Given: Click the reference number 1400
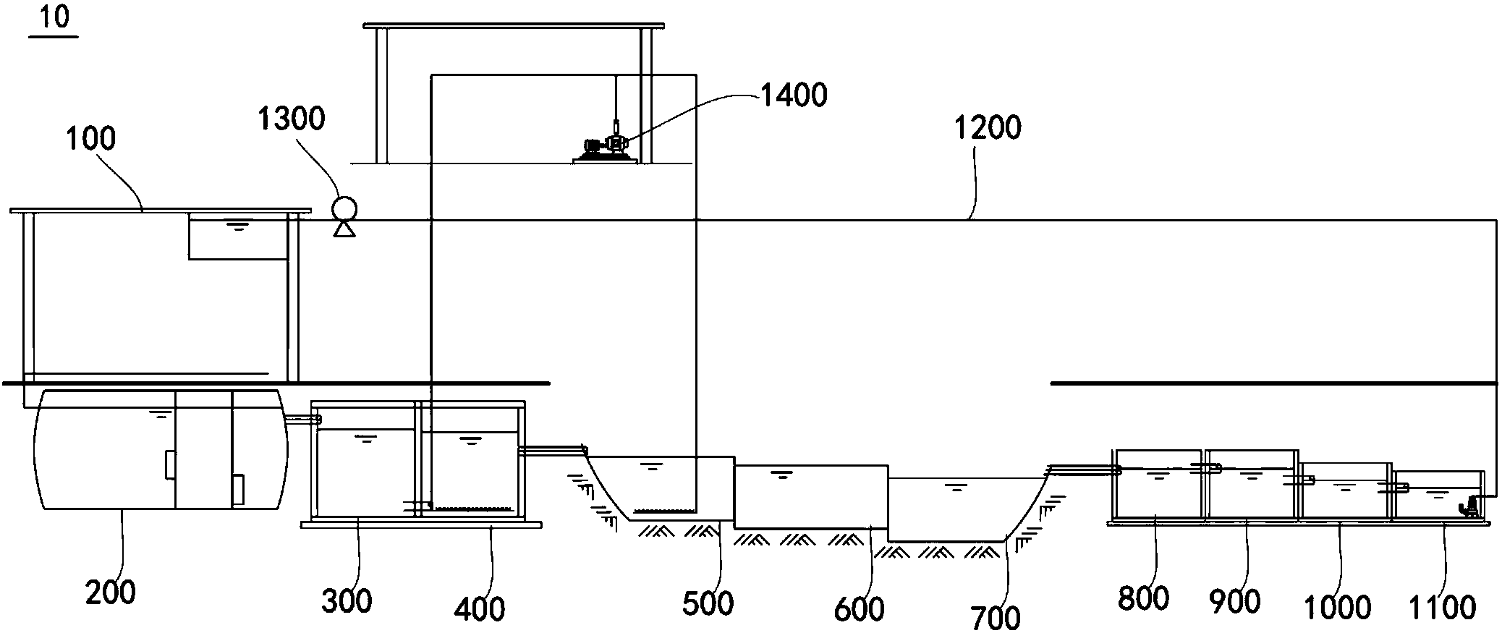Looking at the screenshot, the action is point(794,95).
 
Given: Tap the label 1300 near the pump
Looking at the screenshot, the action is point(292,118).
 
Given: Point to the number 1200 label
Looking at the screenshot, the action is point(988,128).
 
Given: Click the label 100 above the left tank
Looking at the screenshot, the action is point(91,138).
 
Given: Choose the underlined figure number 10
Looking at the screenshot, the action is point(54,17).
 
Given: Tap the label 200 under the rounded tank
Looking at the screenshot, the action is point(110,592).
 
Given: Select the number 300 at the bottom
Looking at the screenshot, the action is point(347,601).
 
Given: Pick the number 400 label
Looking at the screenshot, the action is point(480,609).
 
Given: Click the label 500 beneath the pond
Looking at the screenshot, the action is point(708,603).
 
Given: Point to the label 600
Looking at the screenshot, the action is point(859,609).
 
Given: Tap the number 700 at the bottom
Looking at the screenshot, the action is point(996,617).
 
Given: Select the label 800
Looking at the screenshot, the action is point(1143,598).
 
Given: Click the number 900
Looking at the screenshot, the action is point(1235,601).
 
